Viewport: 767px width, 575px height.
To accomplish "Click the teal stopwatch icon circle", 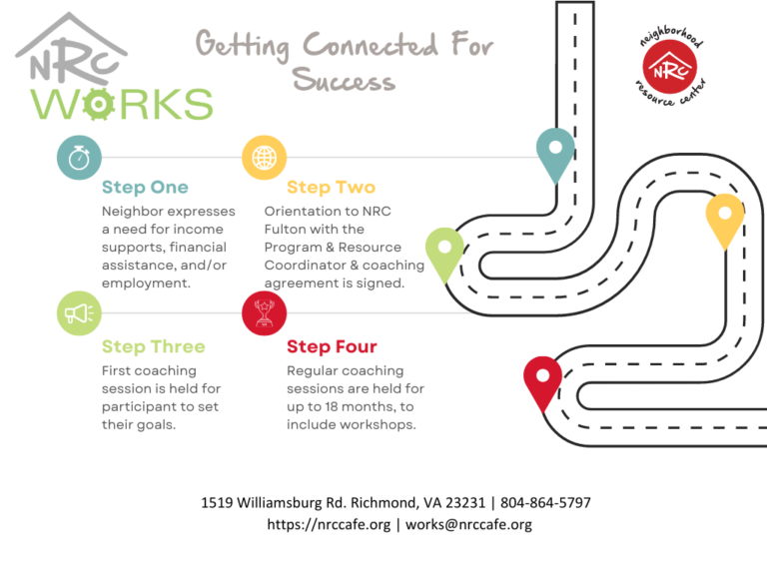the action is point(79,158).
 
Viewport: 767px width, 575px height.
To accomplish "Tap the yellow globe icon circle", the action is point(264,158).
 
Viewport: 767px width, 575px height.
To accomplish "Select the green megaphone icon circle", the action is point(79,312).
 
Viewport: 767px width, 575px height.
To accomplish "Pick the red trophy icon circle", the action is point(264,312).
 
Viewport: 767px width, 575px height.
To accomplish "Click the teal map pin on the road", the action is point(555,152).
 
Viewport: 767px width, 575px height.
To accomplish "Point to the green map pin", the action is point(444,252).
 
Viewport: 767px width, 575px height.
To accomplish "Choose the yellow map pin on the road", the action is point(725,218).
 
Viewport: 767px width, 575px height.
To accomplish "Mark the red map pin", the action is point(543,380).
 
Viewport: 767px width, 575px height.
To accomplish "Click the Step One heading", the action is point(145,188).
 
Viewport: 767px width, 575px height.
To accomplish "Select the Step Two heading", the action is point(332,188).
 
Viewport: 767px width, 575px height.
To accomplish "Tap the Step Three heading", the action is point(154,346).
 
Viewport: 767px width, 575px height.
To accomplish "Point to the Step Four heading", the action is point(332,346).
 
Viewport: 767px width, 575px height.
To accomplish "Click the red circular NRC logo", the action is point(670,67).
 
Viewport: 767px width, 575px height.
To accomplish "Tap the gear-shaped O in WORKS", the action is point(99,104).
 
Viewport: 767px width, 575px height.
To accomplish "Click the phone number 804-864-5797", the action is point(545,503).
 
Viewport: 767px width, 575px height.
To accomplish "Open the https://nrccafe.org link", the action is point(329,525).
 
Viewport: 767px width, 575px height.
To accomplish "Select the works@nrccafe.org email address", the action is point(468,525).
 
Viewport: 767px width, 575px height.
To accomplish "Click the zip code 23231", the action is point(465,503).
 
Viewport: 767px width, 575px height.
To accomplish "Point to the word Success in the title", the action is point(344,80).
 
